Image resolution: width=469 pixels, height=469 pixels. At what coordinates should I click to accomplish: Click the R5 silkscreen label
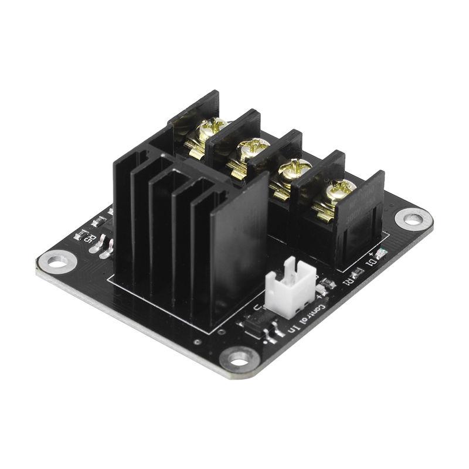pos(88,238)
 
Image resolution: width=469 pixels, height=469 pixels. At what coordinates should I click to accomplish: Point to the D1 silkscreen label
pos(371,262)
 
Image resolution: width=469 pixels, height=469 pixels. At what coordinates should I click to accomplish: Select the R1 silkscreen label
pos(347,280)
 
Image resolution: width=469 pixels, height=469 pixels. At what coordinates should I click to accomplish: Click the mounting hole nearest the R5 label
pos(57,261)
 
